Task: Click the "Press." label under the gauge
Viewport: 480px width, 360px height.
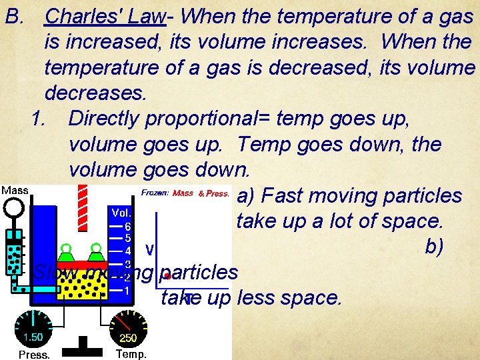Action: pyautogui.click(x=33, y=355)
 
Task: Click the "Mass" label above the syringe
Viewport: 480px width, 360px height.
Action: pyautogui.click(x=15, y=190)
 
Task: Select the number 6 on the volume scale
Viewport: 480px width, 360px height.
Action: pyautogui.click(x=127, y=226)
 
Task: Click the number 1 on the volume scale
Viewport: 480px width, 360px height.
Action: pyautogui.click(x=127, y=291)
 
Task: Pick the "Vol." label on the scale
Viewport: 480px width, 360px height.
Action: pyautogui.click(x=121, y=213)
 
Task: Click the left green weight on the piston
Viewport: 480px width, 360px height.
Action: pyautogui.click(x=67, y=253)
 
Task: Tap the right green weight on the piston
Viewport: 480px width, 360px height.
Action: pyautogui.click(x=95, y=253)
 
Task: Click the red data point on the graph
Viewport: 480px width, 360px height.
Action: pyautogui.click(x=167, y=275)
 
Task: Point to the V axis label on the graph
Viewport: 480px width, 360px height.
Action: pyautogui.click(x=150, y=250)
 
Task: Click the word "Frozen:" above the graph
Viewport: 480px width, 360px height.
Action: pyautogui.click(x=155, y=193)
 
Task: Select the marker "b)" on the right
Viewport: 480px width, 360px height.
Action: pyautogui.click(x=434, y=247)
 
